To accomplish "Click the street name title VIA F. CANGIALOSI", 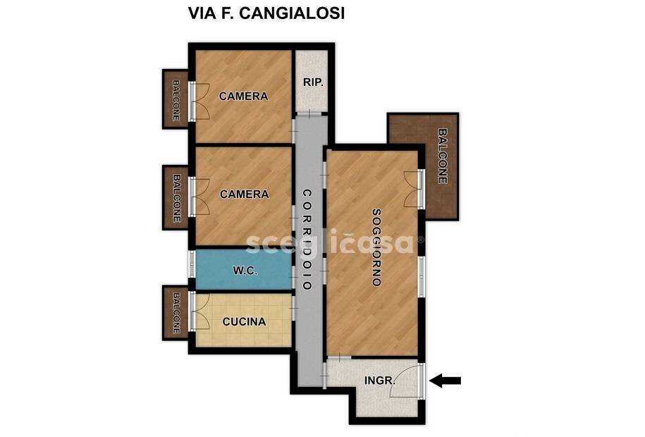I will (266, 13).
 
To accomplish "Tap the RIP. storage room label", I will (313, 82).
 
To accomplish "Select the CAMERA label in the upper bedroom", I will (243, 96).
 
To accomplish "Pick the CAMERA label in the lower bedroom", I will (244, 194).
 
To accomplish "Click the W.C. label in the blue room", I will (245, 270).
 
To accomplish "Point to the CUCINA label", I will (244, 321).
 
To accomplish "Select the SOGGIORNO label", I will (376, 247).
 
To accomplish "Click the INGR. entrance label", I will (379, 381).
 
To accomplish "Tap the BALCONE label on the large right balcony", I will (442, 156).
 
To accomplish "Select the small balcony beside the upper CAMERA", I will (176, 99).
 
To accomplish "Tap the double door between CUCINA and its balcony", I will (197, 312).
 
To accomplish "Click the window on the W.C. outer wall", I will (191, 263).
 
